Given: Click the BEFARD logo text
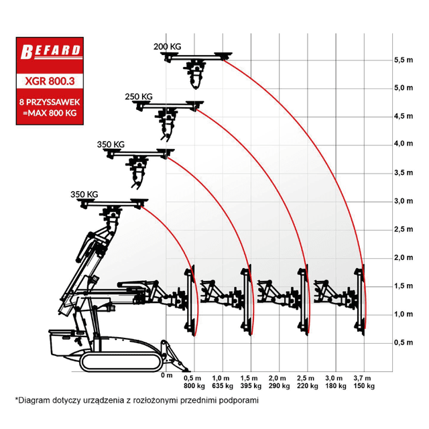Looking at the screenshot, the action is click(x=51, y=52).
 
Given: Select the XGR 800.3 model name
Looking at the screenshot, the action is click(x=50, y=81).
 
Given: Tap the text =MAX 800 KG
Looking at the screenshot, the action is click(x=50, y=113).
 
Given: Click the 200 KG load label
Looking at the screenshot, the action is click(x=167, y=46).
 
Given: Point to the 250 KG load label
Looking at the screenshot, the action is click(x=139, y=97).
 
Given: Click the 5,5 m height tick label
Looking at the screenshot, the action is click(x=404, y=60).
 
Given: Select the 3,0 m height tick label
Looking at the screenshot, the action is click(x=404, y=201).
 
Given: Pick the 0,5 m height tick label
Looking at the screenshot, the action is click(x=404, y=343).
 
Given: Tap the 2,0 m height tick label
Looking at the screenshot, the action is click(x=404, y=257).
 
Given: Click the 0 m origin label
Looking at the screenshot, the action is click(x=167, y=375).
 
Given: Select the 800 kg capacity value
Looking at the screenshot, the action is click(x=194, y=386).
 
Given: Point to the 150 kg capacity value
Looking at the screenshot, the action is click(x=364, y=386).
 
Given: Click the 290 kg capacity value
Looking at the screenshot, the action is click(x=279, y=386).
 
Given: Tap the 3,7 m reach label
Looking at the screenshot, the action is click(x=362, y=378).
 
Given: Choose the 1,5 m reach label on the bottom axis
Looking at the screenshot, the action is click(x=249, y=378).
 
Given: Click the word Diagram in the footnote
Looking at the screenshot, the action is click(x=33, y=401).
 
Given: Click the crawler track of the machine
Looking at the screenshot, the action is click(x=121, y=362).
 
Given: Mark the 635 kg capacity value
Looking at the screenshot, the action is click(x=223, y=386).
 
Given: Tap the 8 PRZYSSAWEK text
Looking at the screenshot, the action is click(x=50, y=102).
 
